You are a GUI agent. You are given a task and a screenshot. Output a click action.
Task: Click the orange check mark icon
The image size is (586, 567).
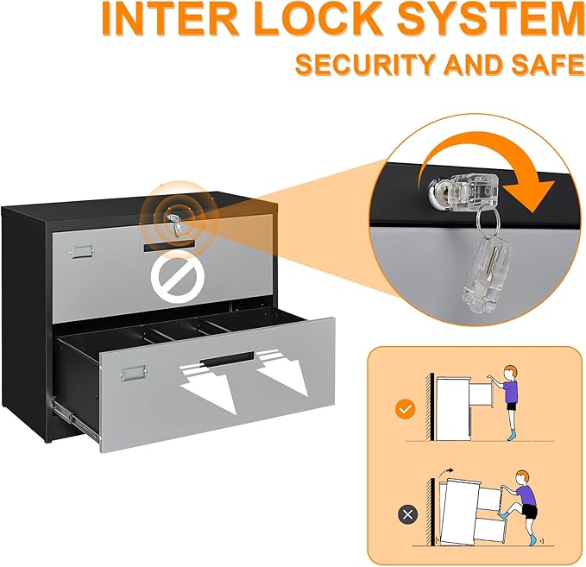pyautogui.click(x=402, y=408)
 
